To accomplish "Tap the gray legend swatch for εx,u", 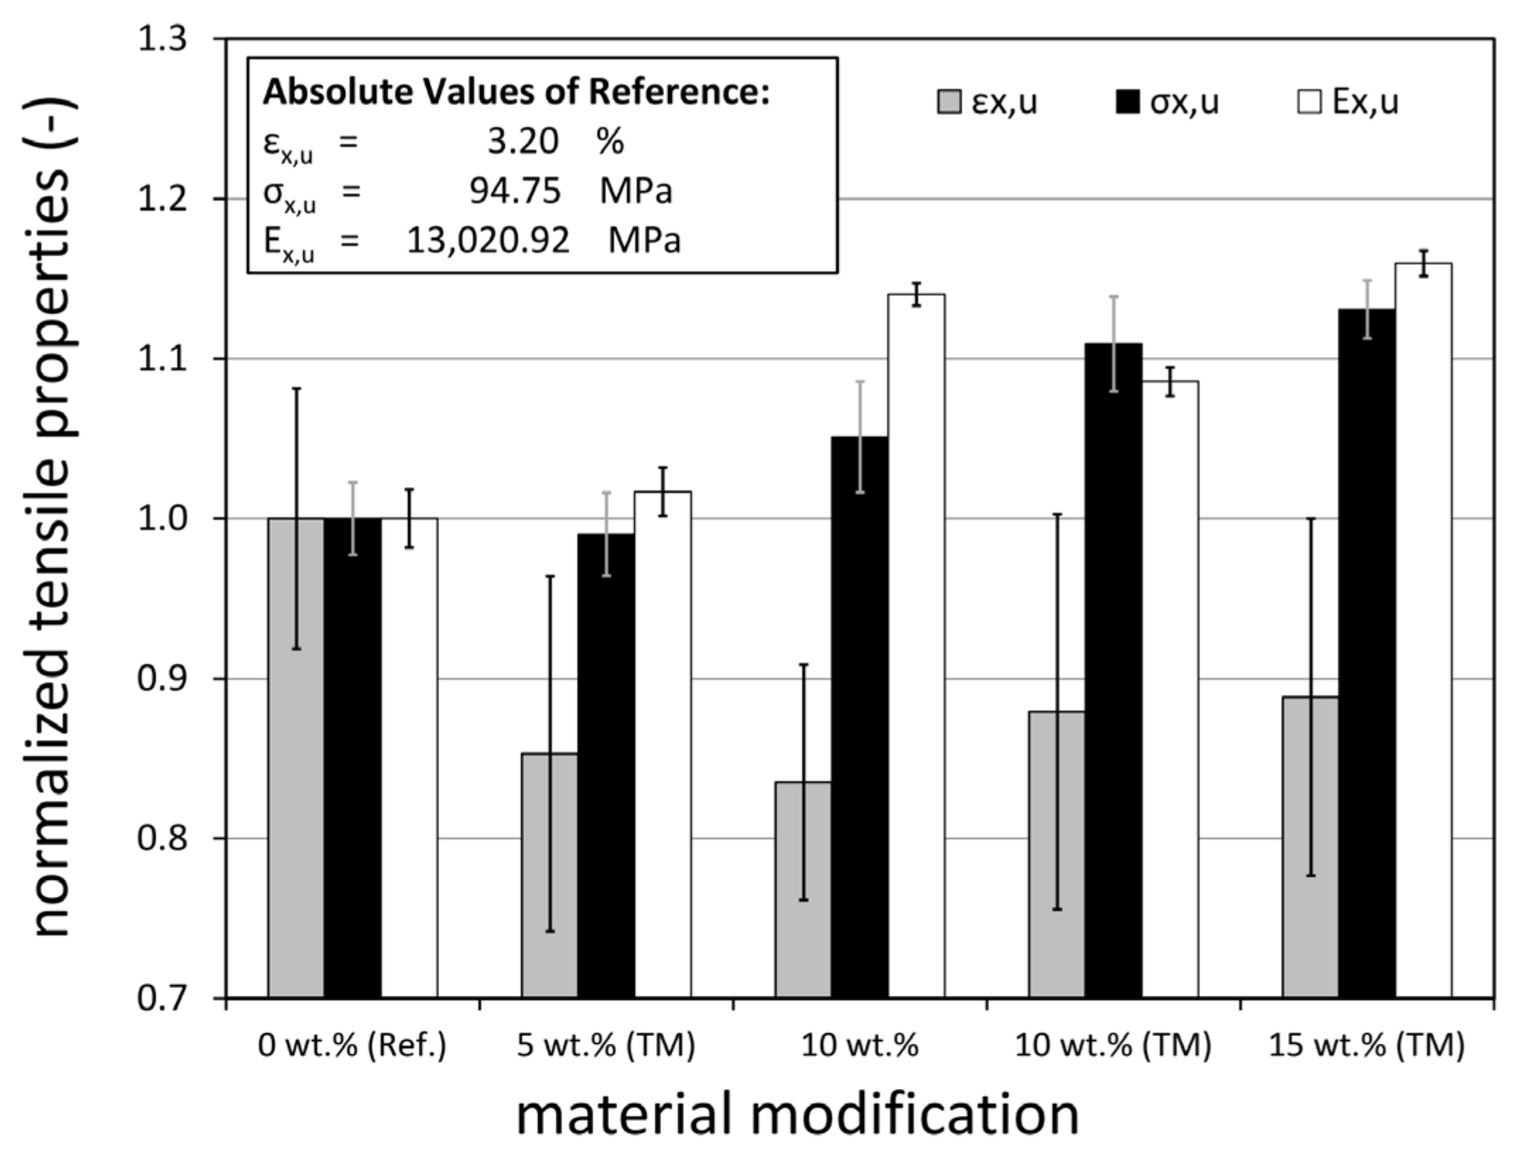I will pos(948,103).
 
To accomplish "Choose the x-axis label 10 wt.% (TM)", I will pos(1113,1045).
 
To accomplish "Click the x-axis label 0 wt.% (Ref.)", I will pos(352,1045).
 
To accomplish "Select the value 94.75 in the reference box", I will pos(515,192).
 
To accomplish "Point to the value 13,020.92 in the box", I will pos(487,241).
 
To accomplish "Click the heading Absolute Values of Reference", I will pos(516,93).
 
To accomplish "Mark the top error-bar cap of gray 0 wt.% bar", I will pos(296,389).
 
